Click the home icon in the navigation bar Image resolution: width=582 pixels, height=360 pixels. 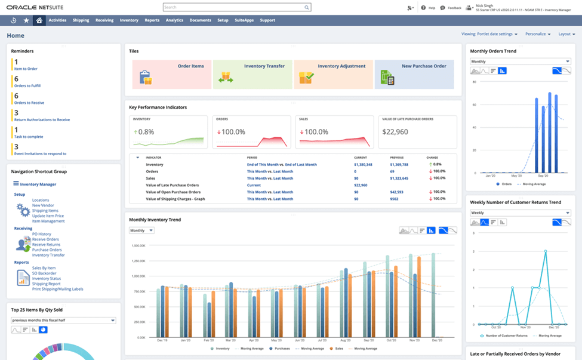39,20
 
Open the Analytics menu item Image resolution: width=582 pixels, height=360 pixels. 174,20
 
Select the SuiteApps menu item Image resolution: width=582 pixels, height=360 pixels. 244,20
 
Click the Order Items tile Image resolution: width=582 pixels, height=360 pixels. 172,75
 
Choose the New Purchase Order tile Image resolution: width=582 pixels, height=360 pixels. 414,75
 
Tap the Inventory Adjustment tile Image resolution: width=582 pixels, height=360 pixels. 333,75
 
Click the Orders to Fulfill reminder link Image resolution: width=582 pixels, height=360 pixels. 27,86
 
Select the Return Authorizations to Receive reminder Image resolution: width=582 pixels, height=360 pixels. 42,120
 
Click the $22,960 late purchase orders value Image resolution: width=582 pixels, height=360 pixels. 395,132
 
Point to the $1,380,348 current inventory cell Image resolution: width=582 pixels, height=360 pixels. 363,164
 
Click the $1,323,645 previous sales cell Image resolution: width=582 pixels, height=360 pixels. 399,178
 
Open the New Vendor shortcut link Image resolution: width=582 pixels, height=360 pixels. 42,205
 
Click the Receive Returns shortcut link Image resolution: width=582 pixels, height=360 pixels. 46,245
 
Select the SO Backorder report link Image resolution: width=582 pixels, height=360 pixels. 45,273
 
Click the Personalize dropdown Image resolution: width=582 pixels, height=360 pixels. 538,34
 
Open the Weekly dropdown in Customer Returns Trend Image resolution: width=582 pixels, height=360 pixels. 520,213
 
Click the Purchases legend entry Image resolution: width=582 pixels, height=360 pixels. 282,348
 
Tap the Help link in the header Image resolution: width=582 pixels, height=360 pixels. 429,8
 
